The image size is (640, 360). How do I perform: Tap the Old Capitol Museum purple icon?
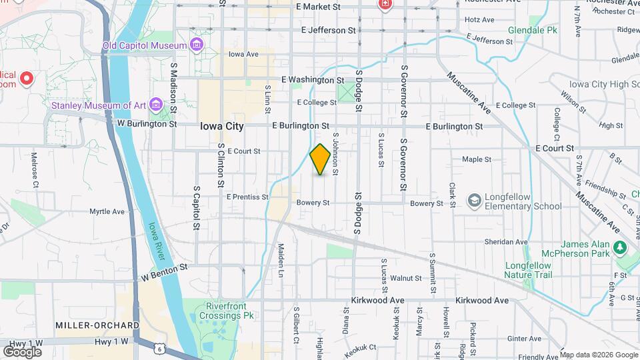(197, 45)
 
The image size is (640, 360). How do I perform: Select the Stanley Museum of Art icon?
(155, 105)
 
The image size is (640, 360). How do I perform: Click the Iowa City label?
(223, 125)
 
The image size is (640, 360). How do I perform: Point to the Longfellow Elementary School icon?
(474, 201)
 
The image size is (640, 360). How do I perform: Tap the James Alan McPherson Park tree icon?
(621, 248)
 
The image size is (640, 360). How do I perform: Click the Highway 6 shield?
(159, 348)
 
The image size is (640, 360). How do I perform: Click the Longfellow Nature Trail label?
(528, 270)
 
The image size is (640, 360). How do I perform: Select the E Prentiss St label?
(247, 197)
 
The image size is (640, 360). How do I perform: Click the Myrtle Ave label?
(107, 211)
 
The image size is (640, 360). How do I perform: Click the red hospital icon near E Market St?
(384, 5)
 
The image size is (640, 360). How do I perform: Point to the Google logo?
(22, 351)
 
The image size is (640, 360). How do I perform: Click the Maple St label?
(477, 159)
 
